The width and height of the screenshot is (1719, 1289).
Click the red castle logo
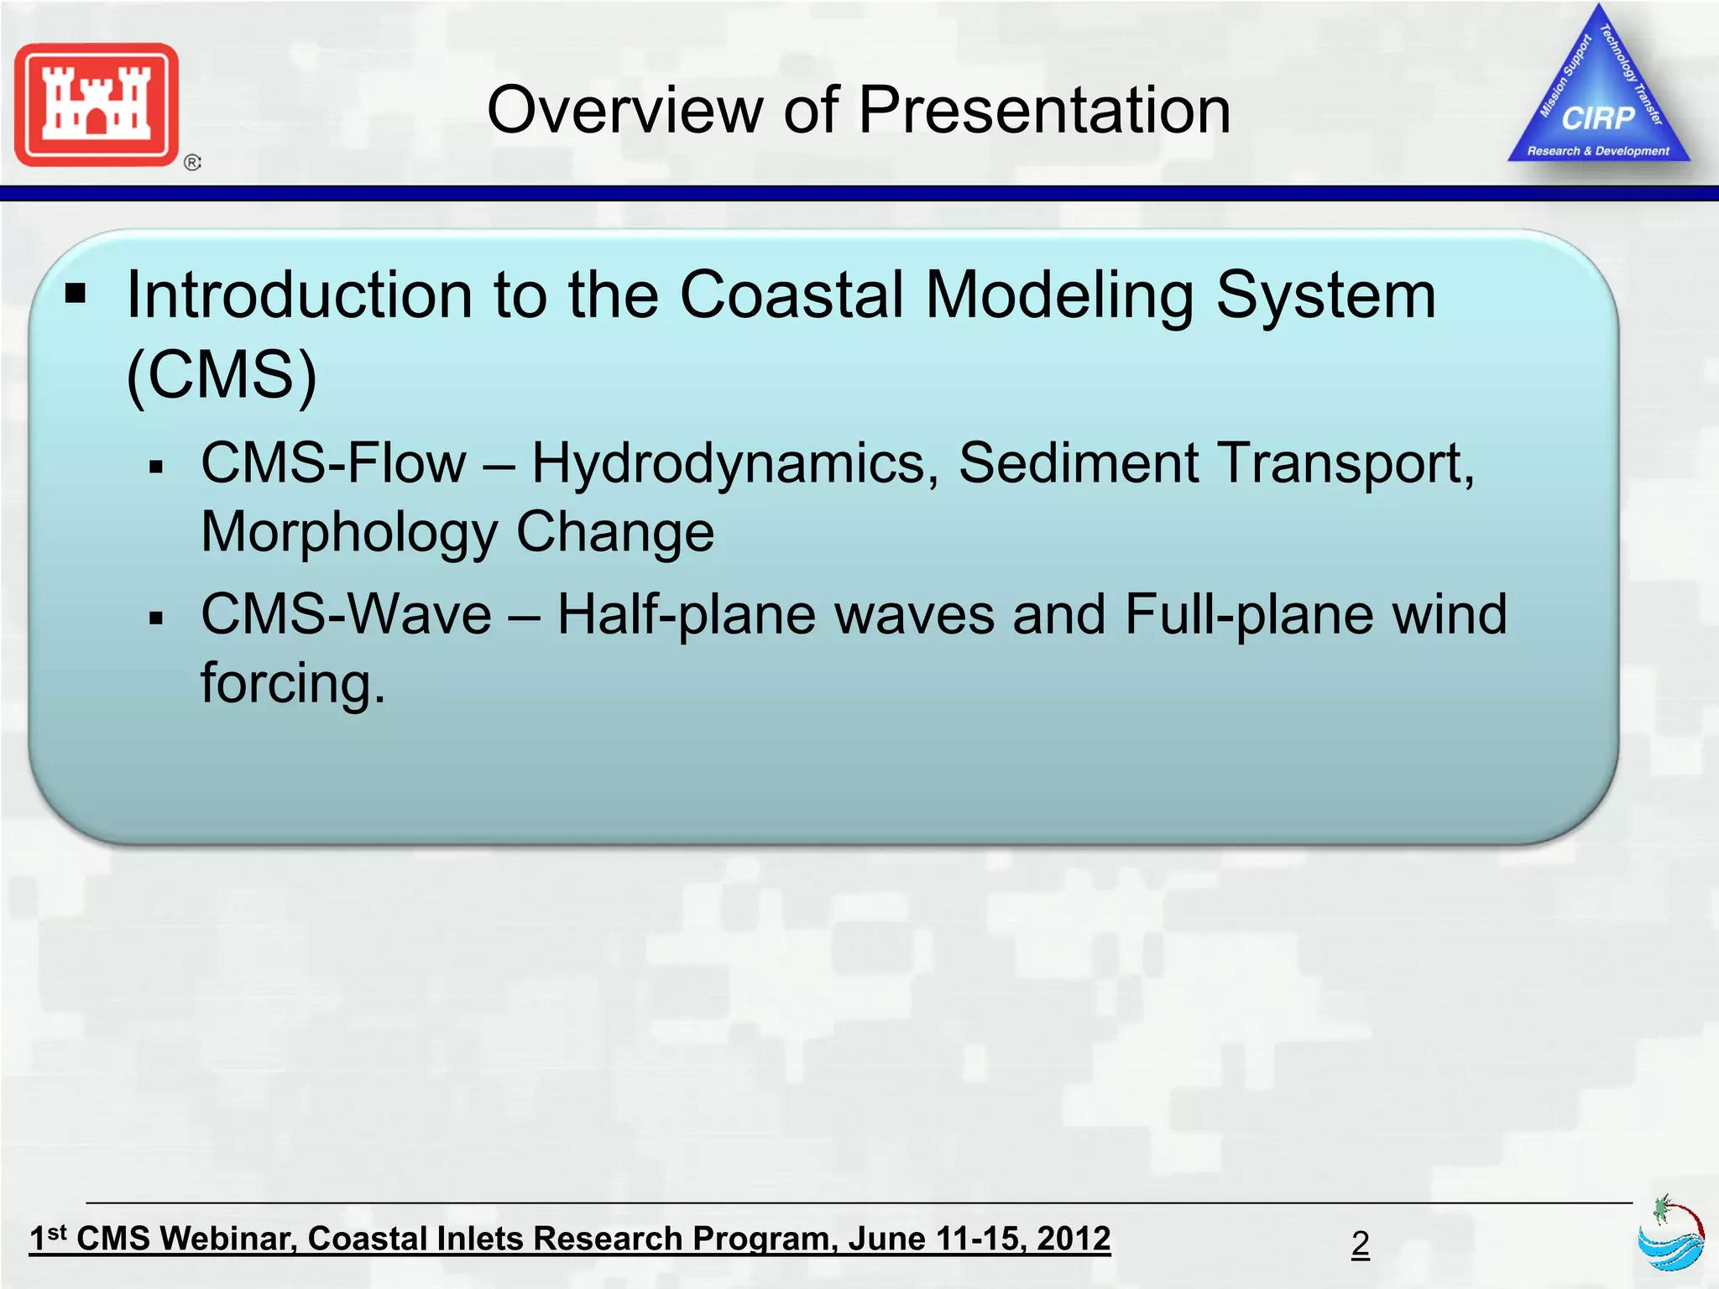[97, 105]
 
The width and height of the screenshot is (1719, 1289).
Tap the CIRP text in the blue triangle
[1598, 118]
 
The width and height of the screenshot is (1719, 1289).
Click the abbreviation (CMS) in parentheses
[222, 375]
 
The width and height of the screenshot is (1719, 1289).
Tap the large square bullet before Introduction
[76, 294]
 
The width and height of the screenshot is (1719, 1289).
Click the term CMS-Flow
[333, 462]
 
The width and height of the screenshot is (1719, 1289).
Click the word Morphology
[350, 533]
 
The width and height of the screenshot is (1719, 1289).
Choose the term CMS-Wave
[346, 614]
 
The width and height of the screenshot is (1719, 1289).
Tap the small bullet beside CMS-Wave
[155, 619]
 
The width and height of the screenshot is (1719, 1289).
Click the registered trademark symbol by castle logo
[192, 163]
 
